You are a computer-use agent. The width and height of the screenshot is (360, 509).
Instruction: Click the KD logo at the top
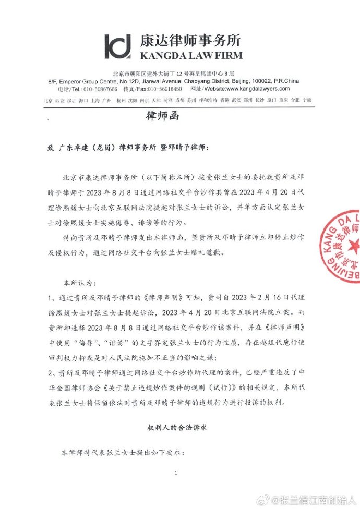click(x=118, y=47)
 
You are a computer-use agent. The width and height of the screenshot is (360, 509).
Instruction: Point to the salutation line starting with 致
click(x=128, y=148)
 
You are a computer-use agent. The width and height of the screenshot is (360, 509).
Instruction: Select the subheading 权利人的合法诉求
click(x=177, y=427)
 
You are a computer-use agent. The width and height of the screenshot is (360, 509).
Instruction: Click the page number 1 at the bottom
click(x=177, y=474)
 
